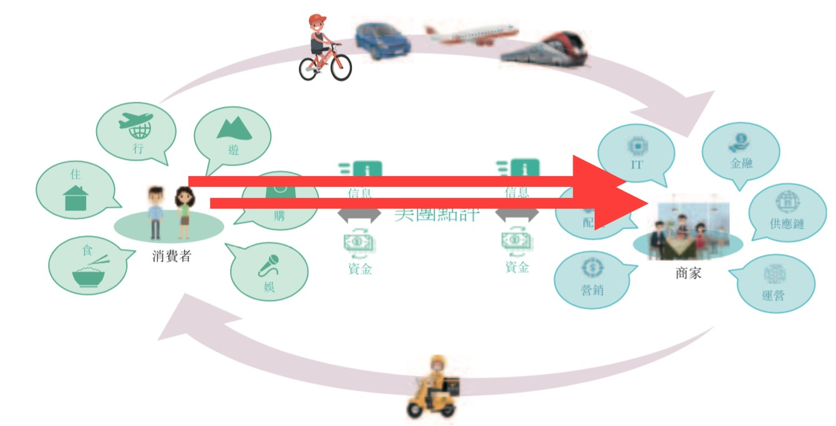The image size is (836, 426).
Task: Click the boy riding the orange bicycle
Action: (323, 49)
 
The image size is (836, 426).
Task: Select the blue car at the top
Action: (382, 41)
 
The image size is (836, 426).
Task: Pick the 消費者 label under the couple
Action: (171, 256)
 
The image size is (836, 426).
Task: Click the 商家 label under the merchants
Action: (688, 273)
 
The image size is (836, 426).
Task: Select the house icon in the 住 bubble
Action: (76, 198)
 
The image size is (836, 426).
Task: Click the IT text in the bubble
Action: (636, 165)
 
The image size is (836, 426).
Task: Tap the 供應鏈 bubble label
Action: (787, 224)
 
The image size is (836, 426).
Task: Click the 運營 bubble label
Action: (774, 294)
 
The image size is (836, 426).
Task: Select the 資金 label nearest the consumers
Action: (360, 269)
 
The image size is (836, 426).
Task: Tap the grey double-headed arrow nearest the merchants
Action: (517, 215)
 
